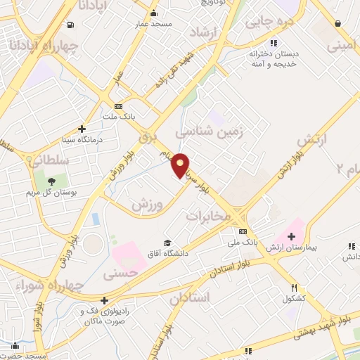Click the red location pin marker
point(181,165)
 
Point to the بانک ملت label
point(119,116)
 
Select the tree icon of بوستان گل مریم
point(52,183)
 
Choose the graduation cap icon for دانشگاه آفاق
point(167,242)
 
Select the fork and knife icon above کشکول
point(295,288)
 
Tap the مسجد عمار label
point(153,24)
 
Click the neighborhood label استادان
point(190,297)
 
